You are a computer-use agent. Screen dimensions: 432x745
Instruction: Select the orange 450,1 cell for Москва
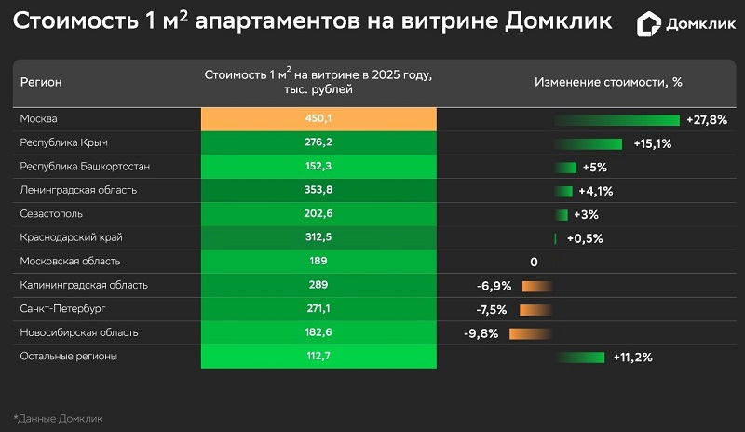point(318,119)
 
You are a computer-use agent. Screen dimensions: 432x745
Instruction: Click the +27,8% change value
point(706,120)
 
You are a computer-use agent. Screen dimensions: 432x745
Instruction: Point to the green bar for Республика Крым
point(589,143)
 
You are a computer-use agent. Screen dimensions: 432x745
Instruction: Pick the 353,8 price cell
point(318,191)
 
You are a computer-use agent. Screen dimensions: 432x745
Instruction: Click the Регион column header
point(41,82)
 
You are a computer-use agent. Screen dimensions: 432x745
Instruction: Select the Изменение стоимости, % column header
point(608,82)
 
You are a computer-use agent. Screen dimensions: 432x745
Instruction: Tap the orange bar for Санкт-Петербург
point(536,309)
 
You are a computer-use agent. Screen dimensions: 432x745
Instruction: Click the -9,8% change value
point(481,333)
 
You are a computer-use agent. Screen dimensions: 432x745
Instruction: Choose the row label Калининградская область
point(84,286)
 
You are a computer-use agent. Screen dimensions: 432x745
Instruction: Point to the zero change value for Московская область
point(534,263)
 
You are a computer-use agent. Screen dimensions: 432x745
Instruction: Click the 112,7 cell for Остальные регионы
point(318,357)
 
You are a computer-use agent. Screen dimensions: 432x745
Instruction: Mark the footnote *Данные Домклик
point(58,418)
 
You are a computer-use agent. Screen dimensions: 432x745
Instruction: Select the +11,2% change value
point(632,358)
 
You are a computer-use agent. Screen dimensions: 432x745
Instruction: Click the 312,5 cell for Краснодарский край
point(318,238)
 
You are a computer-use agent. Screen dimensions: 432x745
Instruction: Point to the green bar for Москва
point(617,120)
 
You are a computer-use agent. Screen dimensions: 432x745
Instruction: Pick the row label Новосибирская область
point(79,332)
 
